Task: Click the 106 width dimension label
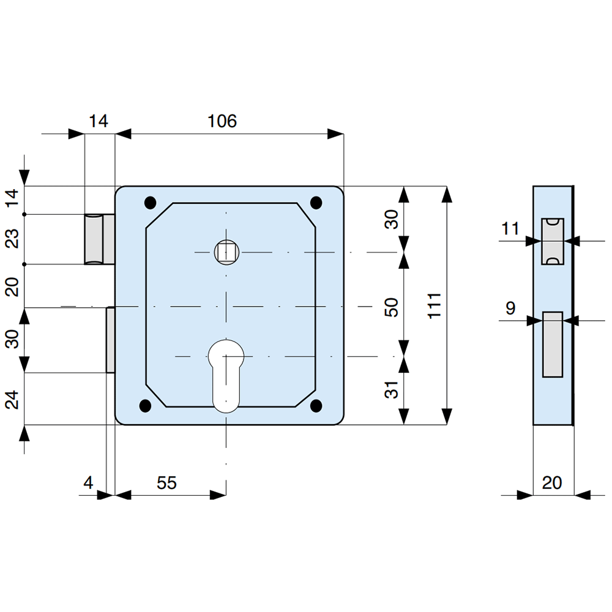(222, 121)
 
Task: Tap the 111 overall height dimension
(434, 305)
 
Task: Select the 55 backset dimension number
(166, 483)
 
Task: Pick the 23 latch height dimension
(13, 239)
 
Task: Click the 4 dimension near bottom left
(89, 483)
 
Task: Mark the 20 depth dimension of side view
(552, 483)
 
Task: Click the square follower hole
(226, 252)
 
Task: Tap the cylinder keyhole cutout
(226, 373)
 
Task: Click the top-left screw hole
(149, 202)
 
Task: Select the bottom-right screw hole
(316, 405)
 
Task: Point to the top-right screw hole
(316, 202)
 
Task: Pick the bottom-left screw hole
(145, 405)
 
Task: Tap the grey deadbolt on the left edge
(111, 340)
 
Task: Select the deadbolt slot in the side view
(553, 345)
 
